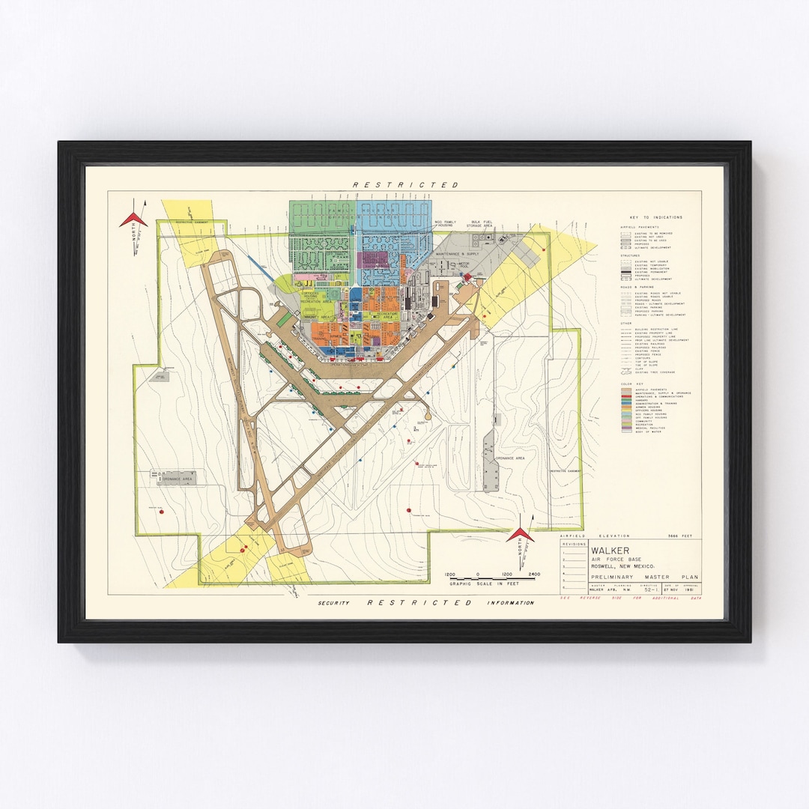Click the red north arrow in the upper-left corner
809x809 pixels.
133,218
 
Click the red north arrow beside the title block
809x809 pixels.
520,535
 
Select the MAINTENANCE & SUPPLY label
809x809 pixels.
456,255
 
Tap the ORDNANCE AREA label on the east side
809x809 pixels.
511,457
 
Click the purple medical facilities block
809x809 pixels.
373,259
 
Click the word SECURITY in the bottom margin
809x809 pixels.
333,603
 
